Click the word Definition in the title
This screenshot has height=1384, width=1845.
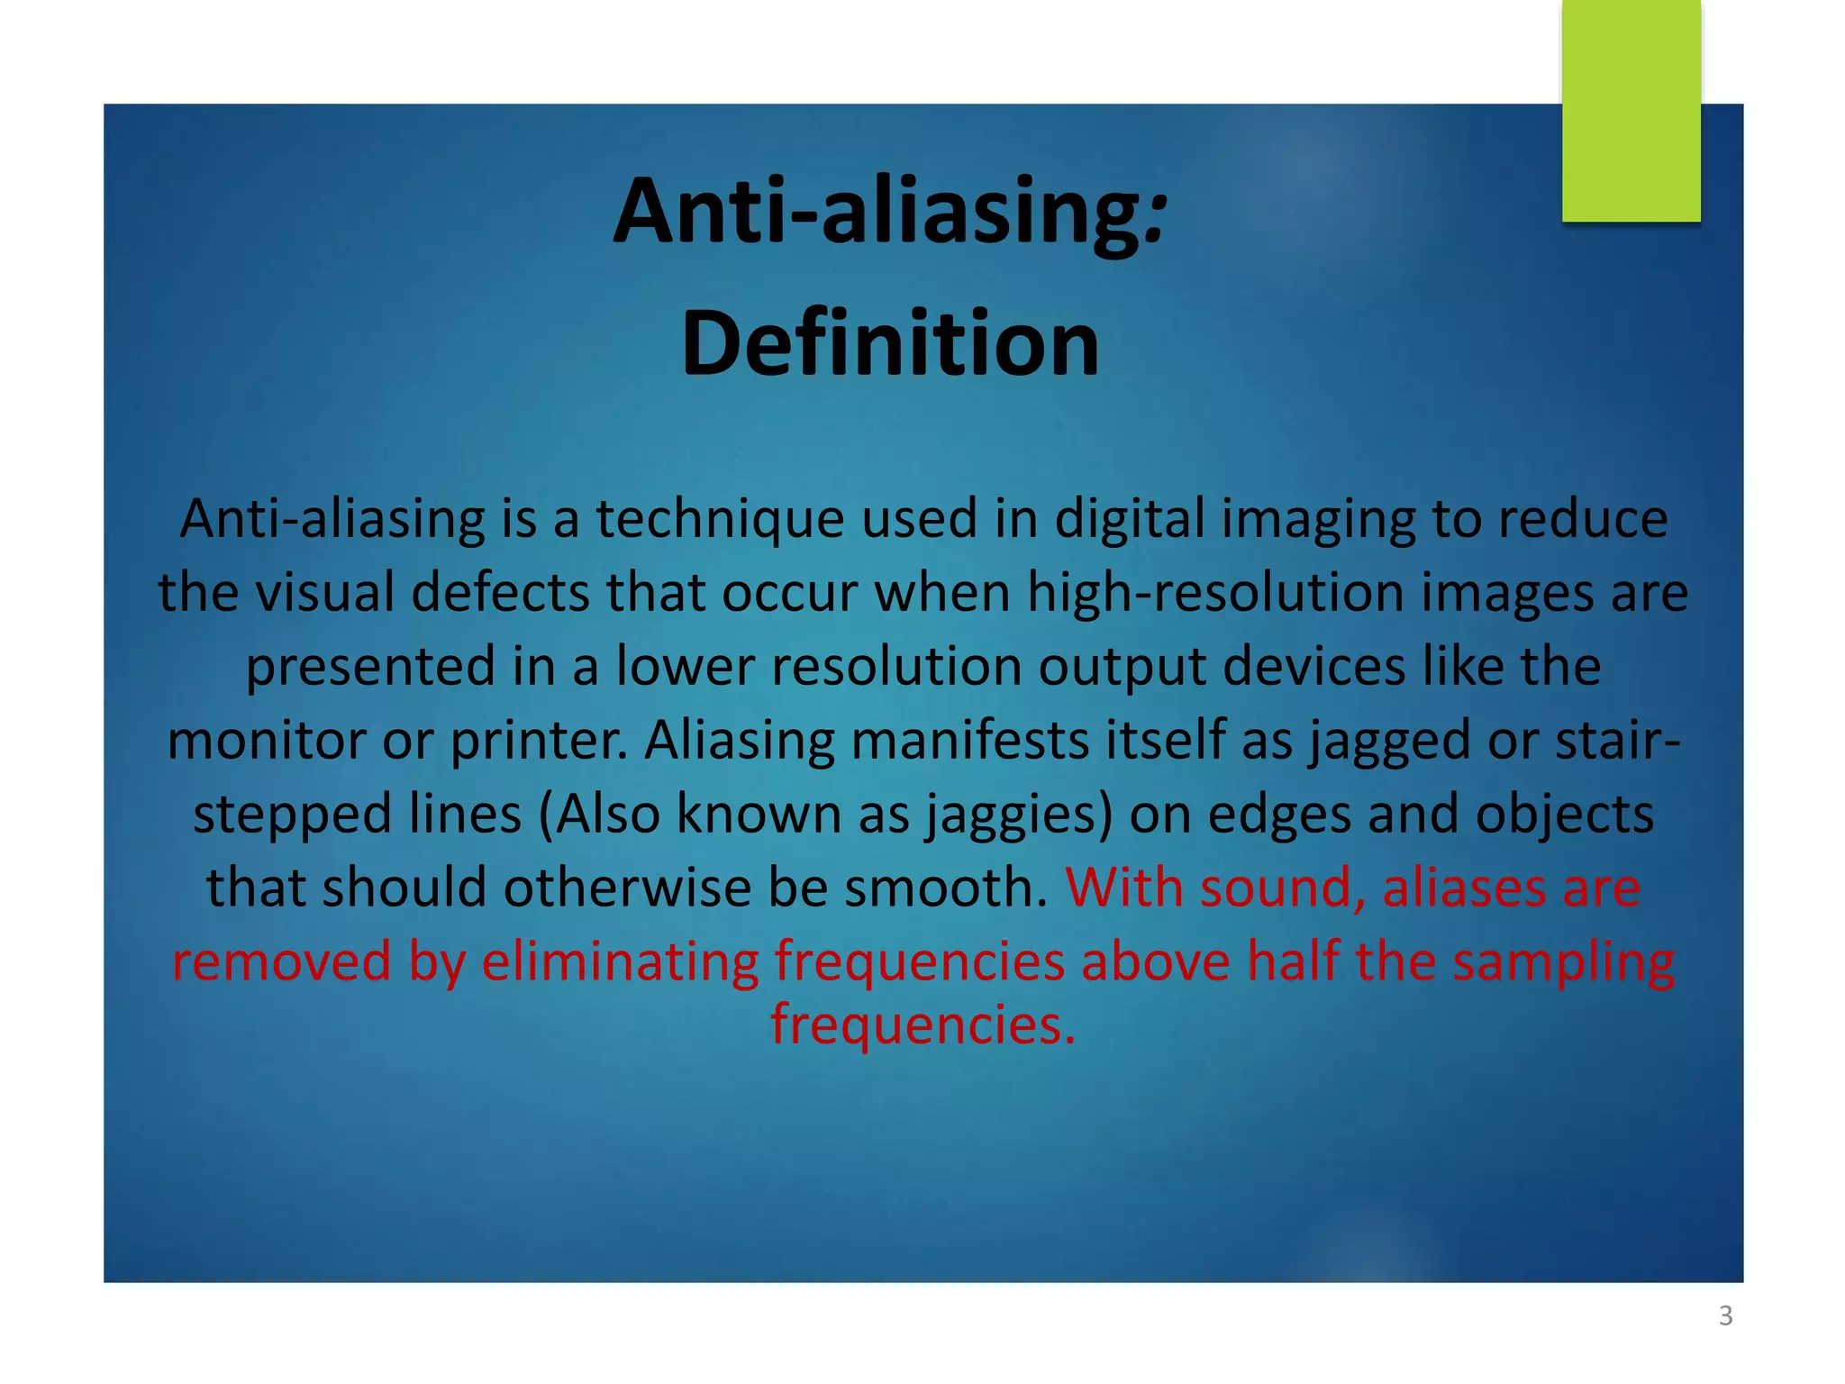(x=890, y=343)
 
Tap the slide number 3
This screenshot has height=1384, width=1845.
(x=1725, y=1316)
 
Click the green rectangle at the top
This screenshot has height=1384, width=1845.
(x=1631, y=110)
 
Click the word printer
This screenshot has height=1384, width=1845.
(x=538, y=741)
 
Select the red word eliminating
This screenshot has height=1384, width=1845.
(x=620, y=961)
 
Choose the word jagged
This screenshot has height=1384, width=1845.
(x=1389, y=741)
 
